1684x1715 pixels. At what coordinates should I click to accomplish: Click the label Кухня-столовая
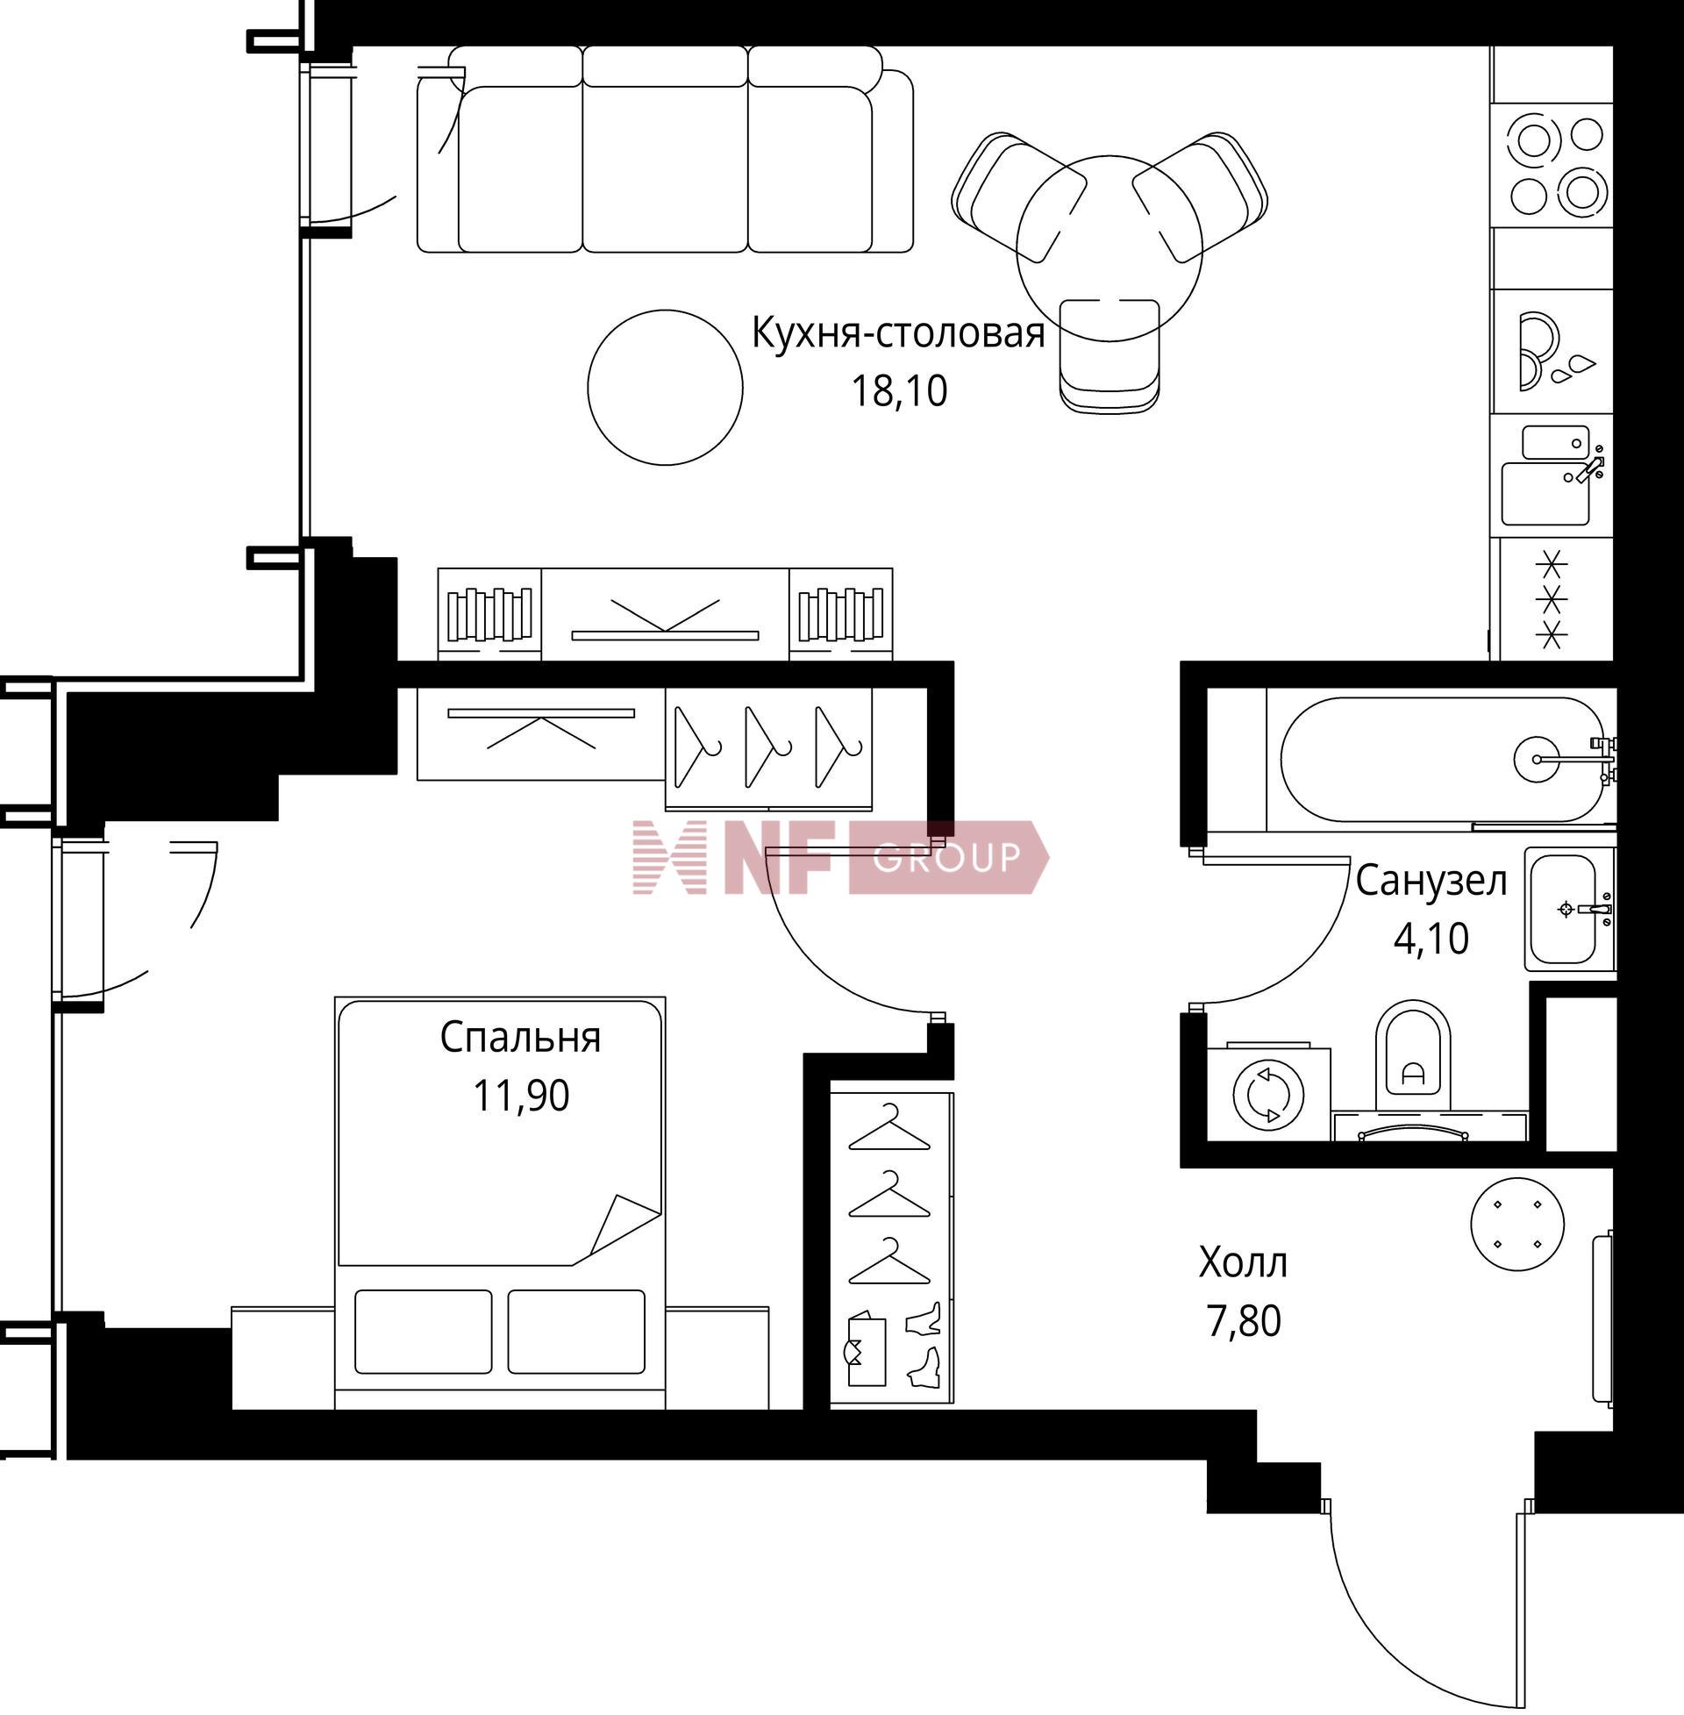[899, 334]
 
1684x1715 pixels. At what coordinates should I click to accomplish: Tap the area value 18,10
[899, 391]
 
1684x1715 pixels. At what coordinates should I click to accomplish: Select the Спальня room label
[520, 1039]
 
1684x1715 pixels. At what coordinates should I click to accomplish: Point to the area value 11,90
[521, 1096]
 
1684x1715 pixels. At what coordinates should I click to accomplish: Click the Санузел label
[1431, 882]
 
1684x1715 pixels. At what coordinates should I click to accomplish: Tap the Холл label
[1243, 1263]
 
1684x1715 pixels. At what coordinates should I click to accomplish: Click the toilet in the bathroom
[1413, 1056]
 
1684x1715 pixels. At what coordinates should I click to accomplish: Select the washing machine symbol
[1268, 1095]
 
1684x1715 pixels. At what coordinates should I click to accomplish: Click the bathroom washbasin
[1569, 909]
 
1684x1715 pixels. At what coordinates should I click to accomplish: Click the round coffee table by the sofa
[665, 387]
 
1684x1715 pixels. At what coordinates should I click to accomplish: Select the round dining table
[1110, 246]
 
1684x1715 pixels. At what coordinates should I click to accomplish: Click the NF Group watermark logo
[840, 857]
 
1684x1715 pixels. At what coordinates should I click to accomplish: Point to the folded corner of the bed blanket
[623, 1226]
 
